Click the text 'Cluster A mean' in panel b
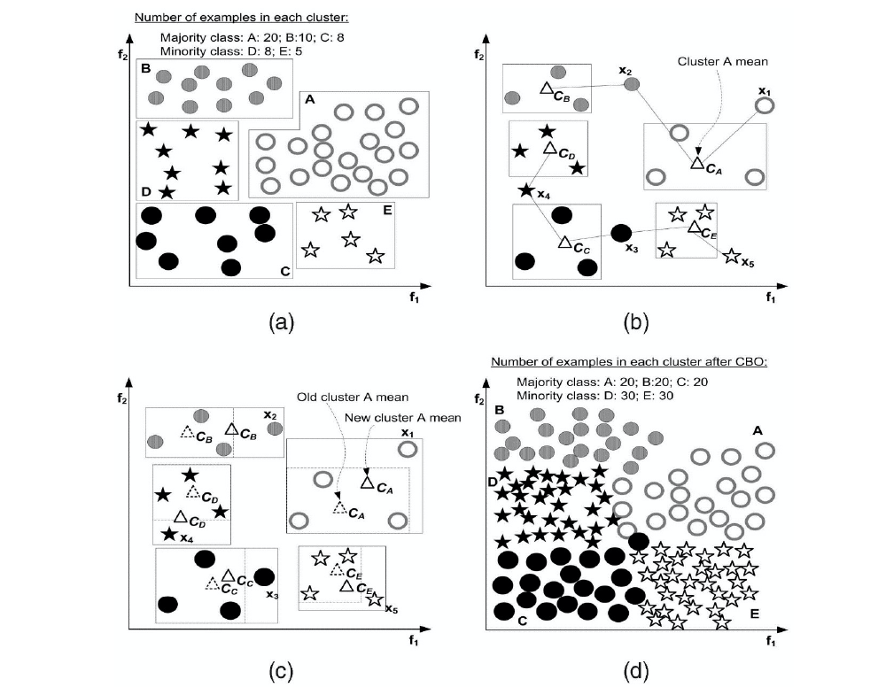[721, 61]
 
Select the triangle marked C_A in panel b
[697, 162]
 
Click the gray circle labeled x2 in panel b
[631, 84]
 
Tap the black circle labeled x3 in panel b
[621, 232]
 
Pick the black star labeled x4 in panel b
[527, 190]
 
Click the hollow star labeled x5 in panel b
[731, 256]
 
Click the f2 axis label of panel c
[122, 398]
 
